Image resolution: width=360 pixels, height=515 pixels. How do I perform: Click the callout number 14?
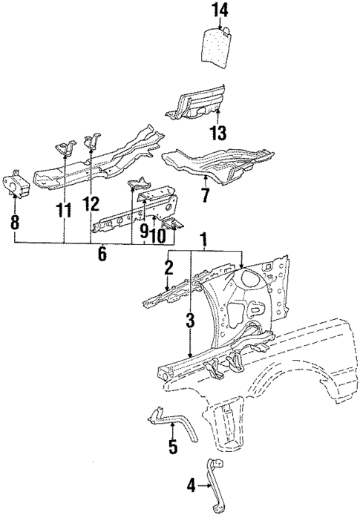pos(216,10)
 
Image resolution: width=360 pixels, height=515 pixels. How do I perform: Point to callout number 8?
pos(15,220)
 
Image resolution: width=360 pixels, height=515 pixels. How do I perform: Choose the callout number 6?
pos(102,255)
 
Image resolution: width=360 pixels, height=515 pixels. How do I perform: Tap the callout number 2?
pos(169,266)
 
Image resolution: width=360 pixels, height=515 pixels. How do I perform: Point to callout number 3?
pos(190,321)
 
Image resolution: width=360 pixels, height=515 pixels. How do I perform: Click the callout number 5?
pos(172,447)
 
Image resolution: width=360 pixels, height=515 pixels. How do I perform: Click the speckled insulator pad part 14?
pos(216,47)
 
